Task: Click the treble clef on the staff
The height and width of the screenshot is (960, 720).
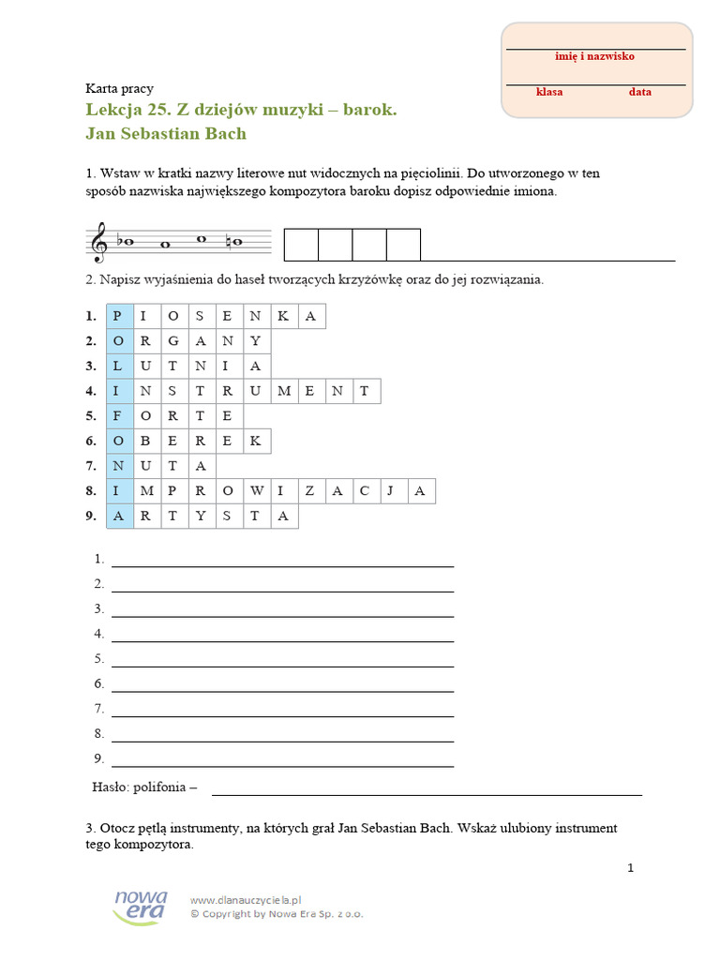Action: pyautogui.click(x=98, y=244)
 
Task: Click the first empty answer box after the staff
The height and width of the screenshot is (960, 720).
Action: pyautogui.click(x=301, y=244)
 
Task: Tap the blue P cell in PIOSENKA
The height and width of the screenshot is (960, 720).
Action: pyautogui.click(x=119, y=316)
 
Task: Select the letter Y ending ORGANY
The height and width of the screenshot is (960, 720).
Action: pyautogui.click(x=256, y=341)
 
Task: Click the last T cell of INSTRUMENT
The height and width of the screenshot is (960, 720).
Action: pyautogui.click(x=366, y=391)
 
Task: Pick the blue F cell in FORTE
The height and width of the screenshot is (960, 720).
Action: pyautogui.click(x=119, y=416)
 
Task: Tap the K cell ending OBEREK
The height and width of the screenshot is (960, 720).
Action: pyautogui.click(x=256, y=441)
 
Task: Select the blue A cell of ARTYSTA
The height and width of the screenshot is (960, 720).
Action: pyautogui.click(x=119, y=516)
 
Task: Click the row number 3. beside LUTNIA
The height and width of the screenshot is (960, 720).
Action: pyautogui.click(x=91, y=366)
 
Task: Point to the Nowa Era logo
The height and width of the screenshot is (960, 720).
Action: pyautogui.click(x=140, y=906)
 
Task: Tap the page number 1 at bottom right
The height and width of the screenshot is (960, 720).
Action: pyautogui.click(x=631, y=867)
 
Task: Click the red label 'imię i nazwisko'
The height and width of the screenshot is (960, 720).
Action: pyautogui.click(x=594, y=56)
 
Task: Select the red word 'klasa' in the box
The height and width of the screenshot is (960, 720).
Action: pyautogui.click(x=549, y=92)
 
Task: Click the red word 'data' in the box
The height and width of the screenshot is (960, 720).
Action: pyautogui.click(x=639, y=92)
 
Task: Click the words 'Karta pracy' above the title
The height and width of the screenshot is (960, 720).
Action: pyautogui.click(x=119, y=88)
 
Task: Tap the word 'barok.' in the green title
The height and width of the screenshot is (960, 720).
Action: pyautogui.click(x=370, y=110)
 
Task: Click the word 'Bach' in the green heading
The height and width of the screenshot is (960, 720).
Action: pyautogui.click(x=226, y=133)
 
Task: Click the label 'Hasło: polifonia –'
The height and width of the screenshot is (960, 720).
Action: pyautogui.click(x=144, y=787)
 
